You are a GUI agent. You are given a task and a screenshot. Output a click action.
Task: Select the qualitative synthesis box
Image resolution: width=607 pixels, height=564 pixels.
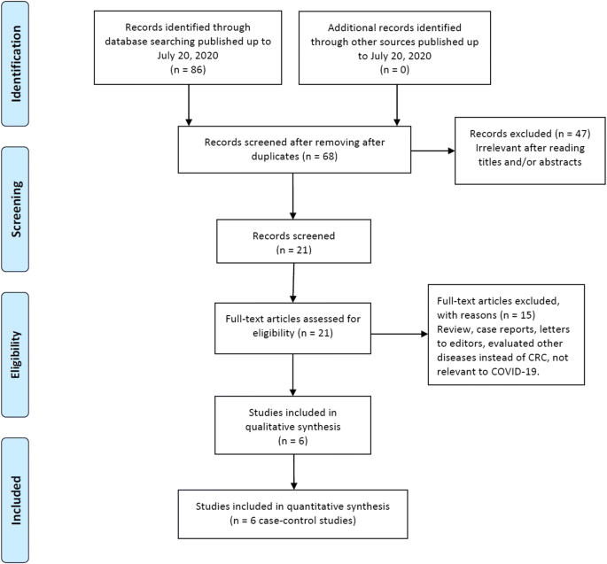(292, 423)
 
